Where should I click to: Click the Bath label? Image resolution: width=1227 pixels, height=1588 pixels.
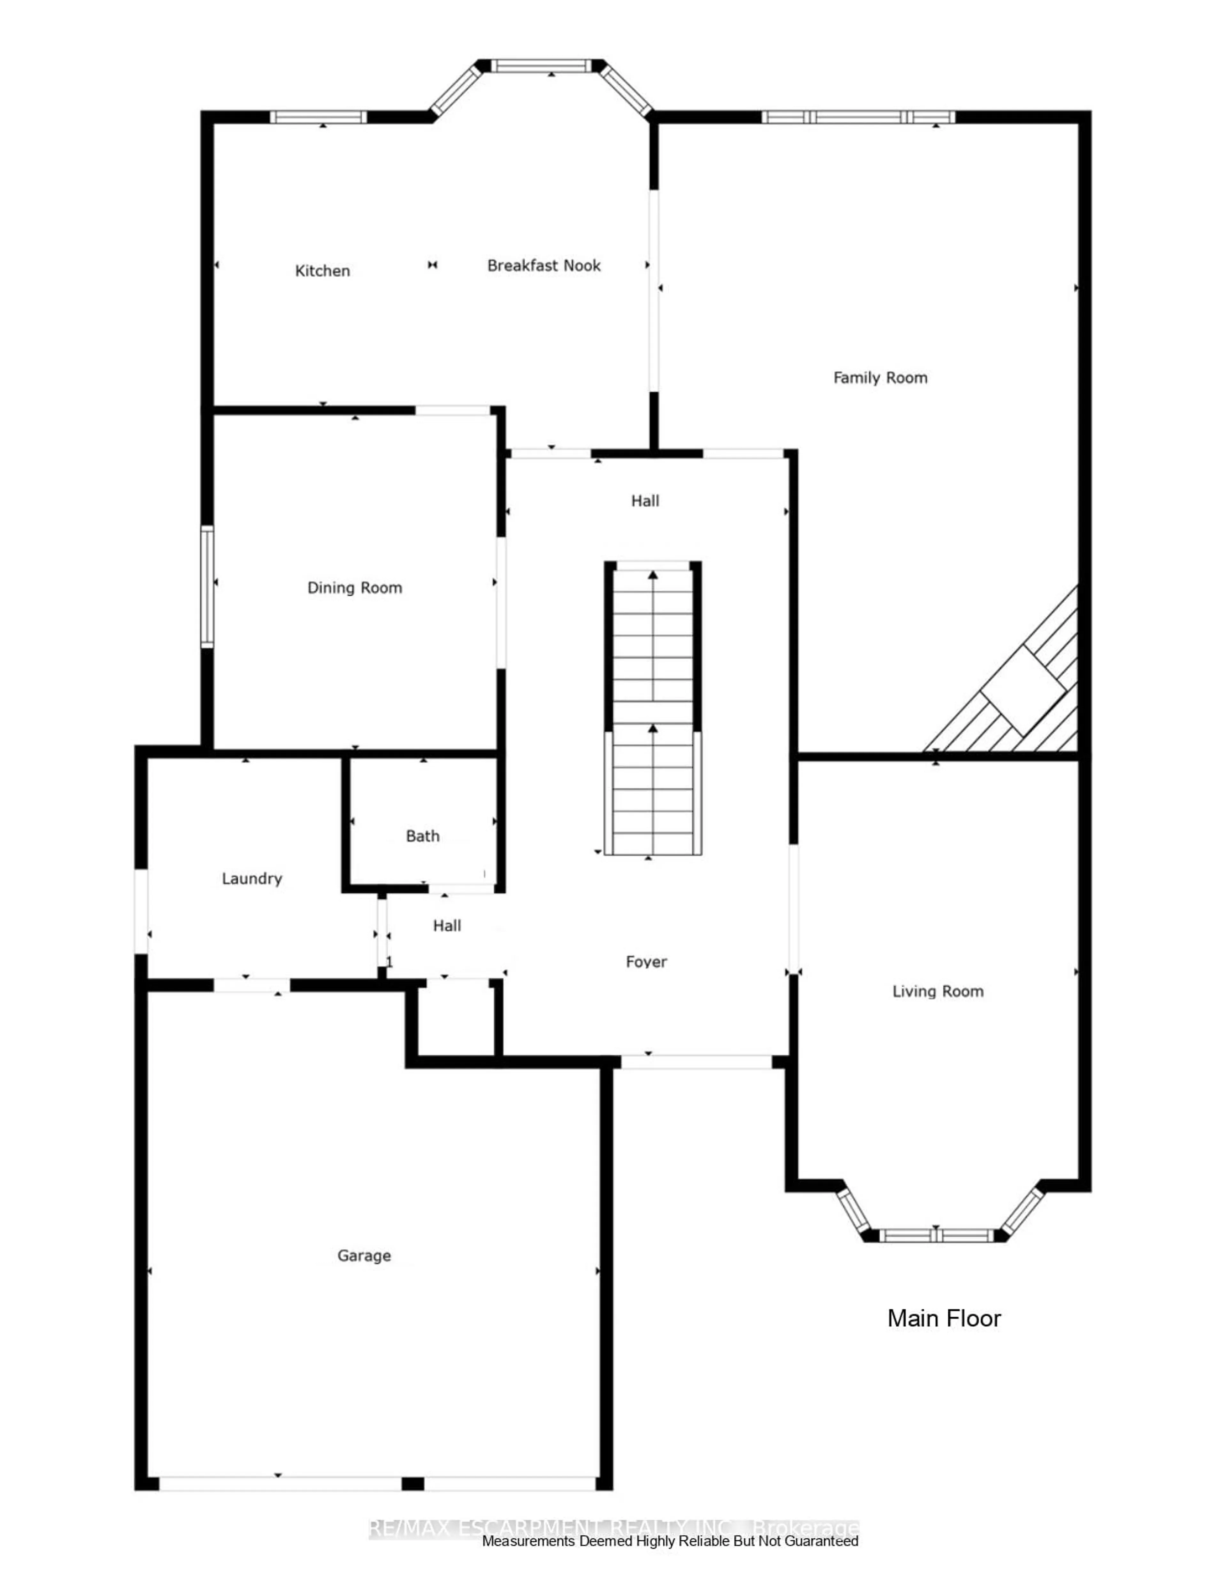click(x=422, y=836)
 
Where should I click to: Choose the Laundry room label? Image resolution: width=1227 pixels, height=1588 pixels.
click(x=251, y=878)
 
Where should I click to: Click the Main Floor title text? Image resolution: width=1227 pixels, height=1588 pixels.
click(x=944, y=1318)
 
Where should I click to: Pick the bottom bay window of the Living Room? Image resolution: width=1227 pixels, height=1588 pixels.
click(x=936, y=1235)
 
